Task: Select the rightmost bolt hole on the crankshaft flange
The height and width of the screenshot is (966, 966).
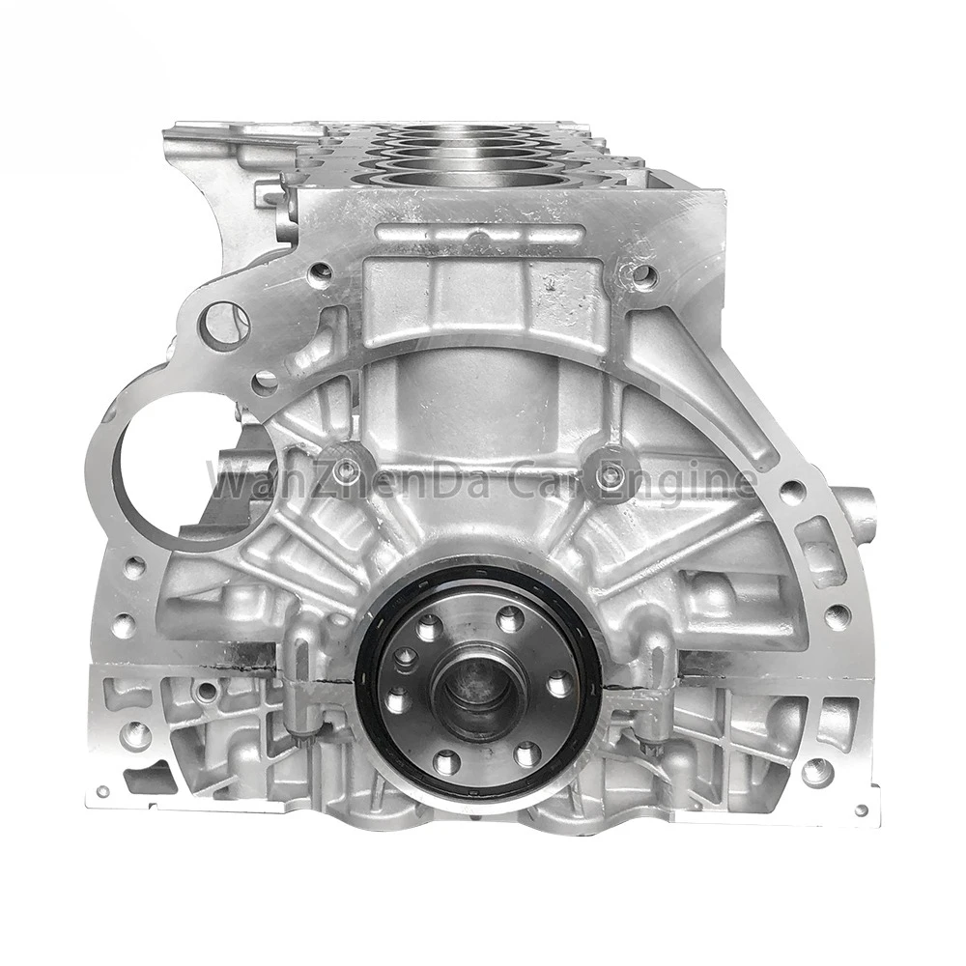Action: click(x=559, y=685)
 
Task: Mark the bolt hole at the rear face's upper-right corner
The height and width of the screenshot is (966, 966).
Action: click(x=642, y=276)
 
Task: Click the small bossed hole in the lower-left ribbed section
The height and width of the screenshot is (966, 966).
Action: click(x=206, y=691)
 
